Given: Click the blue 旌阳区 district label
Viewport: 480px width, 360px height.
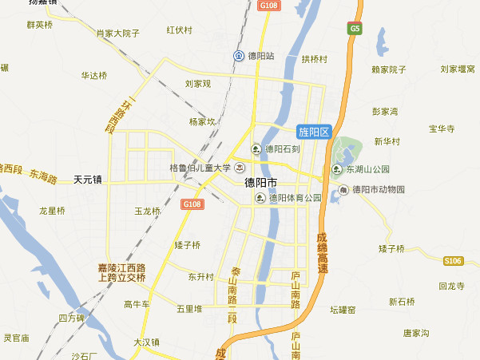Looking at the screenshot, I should coord(313,132).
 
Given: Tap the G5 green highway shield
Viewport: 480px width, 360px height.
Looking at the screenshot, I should coord(355,29).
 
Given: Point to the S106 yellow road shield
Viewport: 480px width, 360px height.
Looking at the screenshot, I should coord(454,261).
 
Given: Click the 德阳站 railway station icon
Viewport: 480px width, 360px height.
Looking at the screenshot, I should coord(239,56).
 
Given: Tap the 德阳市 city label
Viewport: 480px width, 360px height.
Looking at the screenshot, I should coord(261,182).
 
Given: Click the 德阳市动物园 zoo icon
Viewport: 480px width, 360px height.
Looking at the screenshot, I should coord(343,190).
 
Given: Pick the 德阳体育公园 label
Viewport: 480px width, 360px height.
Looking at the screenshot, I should coord(294,198).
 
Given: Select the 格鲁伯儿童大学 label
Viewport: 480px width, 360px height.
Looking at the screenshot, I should coord(200,168).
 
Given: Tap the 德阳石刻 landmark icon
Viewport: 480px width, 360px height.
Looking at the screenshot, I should coord(256,148).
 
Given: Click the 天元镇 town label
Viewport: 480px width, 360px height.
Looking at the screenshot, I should coord(88,180).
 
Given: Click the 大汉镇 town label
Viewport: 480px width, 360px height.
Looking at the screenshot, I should coord(147,341).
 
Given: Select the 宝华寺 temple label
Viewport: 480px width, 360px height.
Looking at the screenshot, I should coord(441,128).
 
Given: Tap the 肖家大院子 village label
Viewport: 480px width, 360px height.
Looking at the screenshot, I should coord(117,34).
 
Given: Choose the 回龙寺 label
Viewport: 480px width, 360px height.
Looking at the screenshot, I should coord(451,286).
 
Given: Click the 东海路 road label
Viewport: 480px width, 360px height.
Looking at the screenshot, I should coord(43,173).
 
